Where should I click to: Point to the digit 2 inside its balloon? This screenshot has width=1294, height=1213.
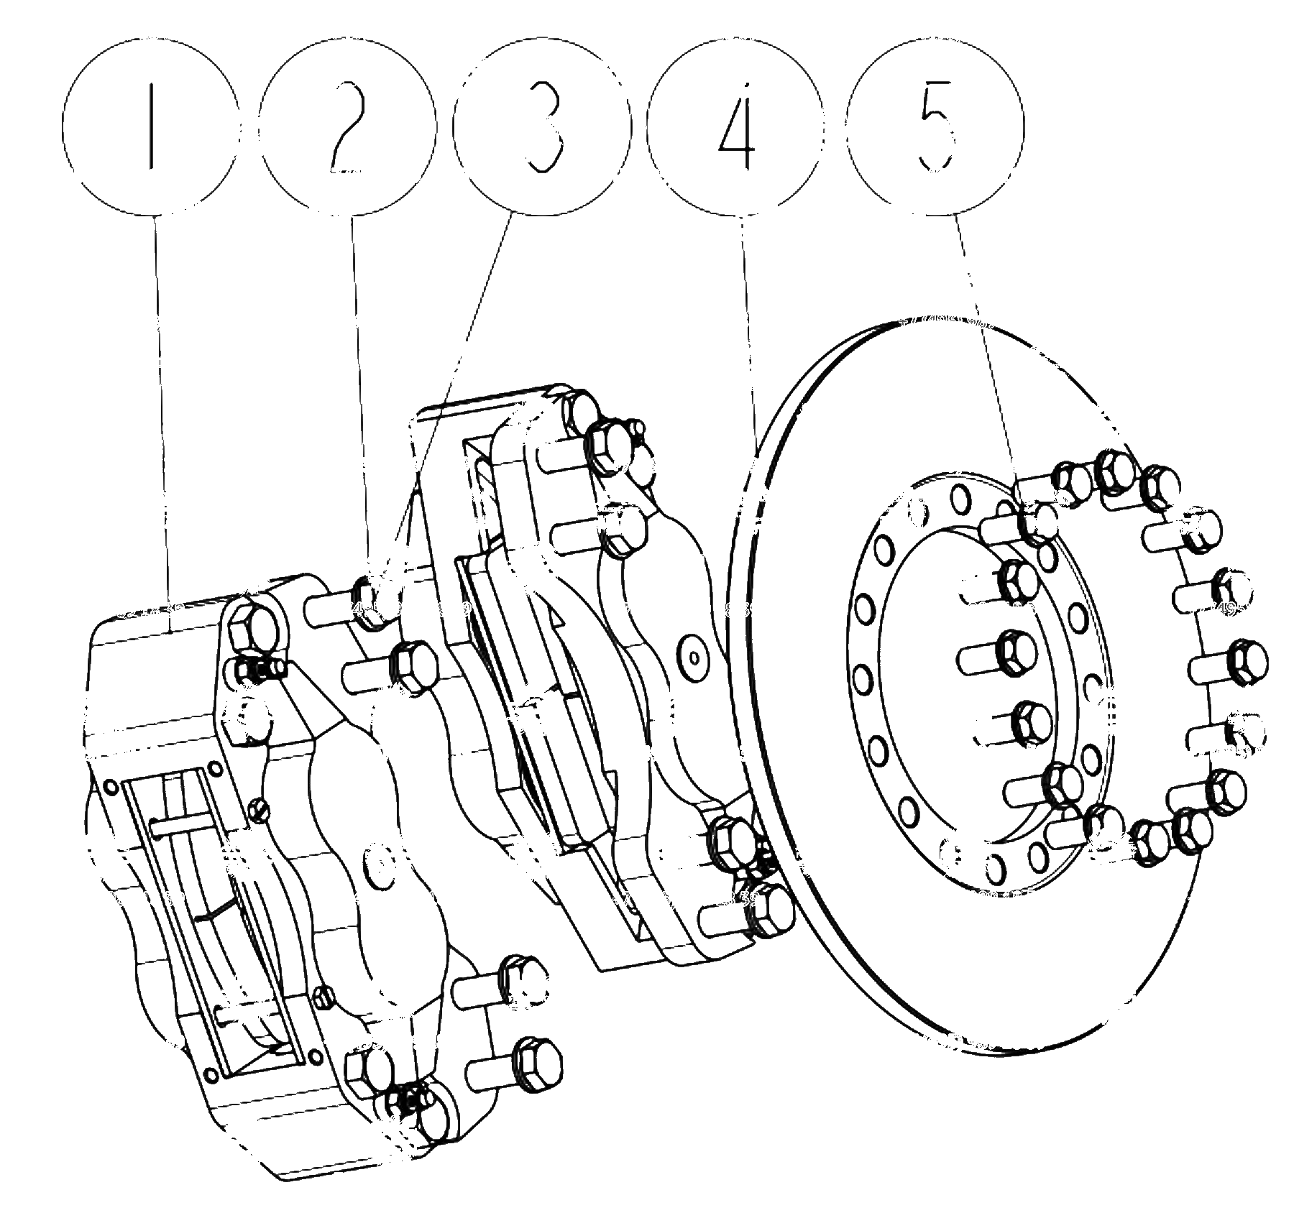click(348, 126)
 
